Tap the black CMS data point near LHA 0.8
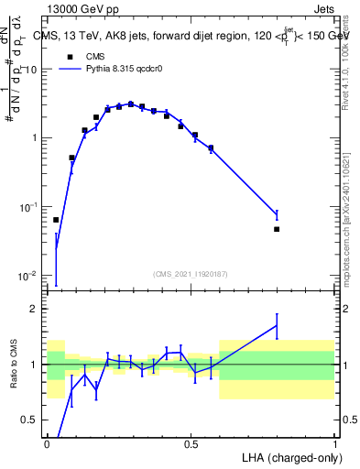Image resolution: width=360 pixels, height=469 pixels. tap(277, 229)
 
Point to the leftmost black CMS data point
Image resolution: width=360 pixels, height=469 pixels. tap(56, 220)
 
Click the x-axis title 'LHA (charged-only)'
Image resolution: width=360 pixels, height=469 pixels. tap(287, 455)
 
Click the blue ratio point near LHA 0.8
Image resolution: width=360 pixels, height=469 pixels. tap(277, 325)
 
